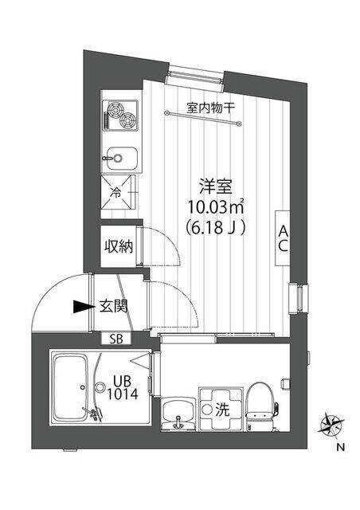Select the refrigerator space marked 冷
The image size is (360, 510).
coord(118,192)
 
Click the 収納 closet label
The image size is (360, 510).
coord(117,246)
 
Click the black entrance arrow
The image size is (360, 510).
coord(80,305)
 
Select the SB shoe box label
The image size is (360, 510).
coord(116,339)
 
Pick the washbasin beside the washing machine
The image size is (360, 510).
coord(176,413)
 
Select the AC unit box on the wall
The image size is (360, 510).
coord(282,237)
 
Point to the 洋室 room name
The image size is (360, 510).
coord(214,188)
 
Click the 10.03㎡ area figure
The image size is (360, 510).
coord(214,208)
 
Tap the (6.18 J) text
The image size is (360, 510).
coord(214,228)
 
